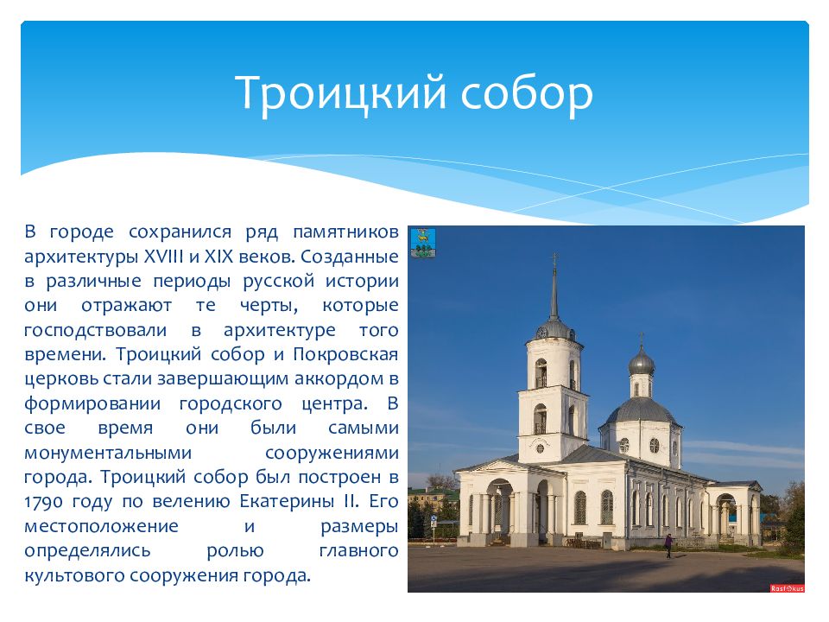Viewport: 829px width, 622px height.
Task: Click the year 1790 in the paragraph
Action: pyautogui.click(x=42, y=501)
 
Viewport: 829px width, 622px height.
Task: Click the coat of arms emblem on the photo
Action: pyautogui.click(x=422, y=243)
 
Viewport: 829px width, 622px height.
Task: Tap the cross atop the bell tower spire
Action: pyautogui.click(x=554, y=258)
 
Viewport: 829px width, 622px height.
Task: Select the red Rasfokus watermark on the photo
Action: pyautogui.click(x=786, y=587)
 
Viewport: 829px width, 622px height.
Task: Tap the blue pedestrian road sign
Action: pyautogui.click(x=731, y=516)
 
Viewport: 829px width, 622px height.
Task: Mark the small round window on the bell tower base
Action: pyautogui.click(x=541, y=447)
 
